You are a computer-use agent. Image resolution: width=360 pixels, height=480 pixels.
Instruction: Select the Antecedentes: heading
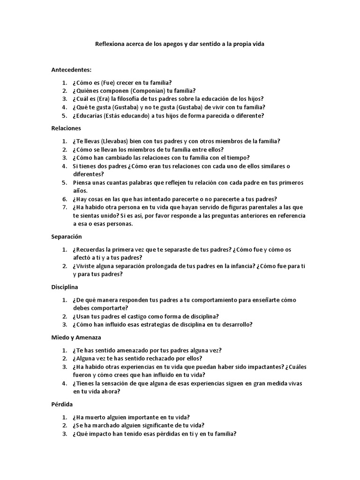(x=71, y=69)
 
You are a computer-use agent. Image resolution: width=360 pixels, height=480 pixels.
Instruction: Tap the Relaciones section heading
(x=66, y=127)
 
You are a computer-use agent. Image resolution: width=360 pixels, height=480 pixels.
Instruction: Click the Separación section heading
(x=67, y=237)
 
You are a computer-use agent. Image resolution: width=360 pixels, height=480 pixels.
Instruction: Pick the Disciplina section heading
(x=65, y=286)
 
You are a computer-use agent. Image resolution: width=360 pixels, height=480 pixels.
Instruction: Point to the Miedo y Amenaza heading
(x=76, y=337)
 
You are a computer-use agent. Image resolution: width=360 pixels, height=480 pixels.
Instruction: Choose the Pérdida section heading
(x=62, y=404)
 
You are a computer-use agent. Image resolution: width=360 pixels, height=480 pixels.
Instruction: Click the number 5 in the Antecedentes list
(x=64, y=115)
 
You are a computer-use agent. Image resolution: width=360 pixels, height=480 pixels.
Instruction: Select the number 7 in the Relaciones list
(x=64, y=207)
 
